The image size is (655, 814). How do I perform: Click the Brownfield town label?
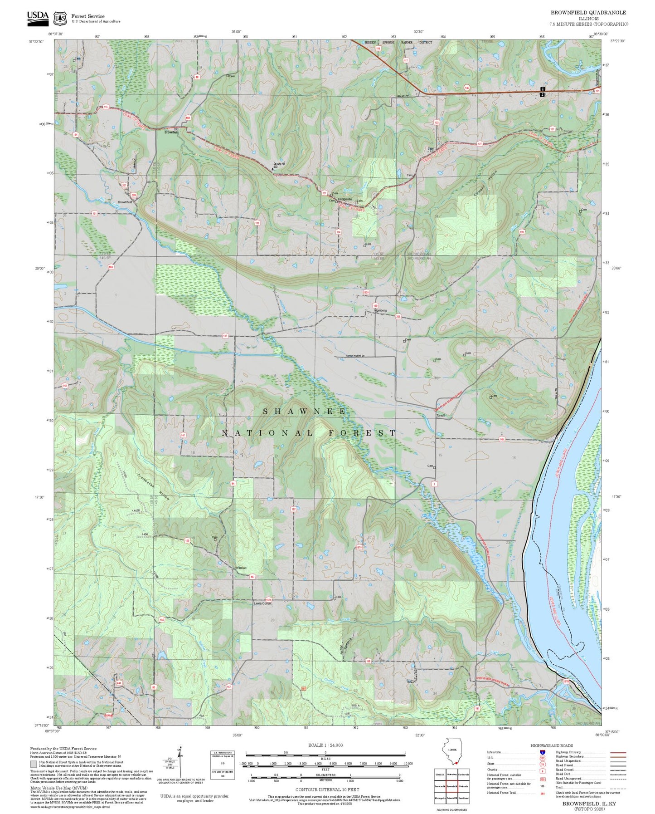coord(125,202)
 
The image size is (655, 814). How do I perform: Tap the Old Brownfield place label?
coord(172,131)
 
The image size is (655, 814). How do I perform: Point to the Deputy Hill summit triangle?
coord(272,168)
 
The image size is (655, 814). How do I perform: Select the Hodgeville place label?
coord(344,199)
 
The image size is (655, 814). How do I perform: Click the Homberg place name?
coord(380,310)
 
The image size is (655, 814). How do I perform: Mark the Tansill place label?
coord(440,415)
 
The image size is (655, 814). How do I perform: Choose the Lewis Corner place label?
coord(262,603)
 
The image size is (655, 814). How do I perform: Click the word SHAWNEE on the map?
coord(305,412)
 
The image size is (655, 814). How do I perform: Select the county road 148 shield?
coord(502,439)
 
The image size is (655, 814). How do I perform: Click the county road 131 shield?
coord(94,213)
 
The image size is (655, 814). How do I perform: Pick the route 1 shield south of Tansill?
coord(434,484)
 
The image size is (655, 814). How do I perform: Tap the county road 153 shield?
coord(187,541)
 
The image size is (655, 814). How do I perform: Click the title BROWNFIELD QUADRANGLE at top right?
coord(588,13)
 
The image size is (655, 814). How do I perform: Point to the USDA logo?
coord(38,17)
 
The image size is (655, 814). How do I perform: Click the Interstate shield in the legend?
coord(542,752)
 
